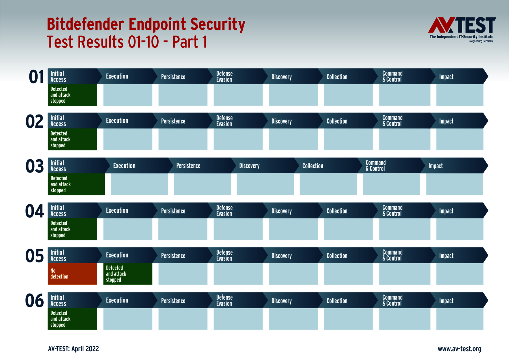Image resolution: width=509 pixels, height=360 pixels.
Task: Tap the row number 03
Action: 35,166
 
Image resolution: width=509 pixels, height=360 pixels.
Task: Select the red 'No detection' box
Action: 72,274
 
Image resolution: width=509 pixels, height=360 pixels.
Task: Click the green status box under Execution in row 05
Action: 128,274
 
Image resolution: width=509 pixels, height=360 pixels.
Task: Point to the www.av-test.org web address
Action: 459,349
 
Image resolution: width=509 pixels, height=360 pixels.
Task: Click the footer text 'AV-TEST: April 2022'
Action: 74,349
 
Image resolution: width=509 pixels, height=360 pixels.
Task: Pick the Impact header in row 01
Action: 446,77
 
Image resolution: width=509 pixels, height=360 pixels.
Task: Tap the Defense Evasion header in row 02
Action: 225,121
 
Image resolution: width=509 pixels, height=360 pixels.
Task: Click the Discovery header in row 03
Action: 249,166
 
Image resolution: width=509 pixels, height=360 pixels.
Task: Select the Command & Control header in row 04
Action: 392,210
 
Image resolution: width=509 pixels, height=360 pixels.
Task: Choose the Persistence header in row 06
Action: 173,301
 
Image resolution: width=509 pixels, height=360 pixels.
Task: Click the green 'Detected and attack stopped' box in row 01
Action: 72,95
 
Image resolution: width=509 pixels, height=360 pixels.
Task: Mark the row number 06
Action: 34,301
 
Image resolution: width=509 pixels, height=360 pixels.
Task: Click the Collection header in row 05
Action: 337,256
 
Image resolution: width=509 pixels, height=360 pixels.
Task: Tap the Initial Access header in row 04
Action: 58,211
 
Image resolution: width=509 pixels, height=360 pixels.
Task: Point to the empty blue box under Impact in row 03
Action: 454,184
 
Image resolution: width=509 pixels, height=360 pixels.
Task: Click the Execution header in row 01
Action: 117,76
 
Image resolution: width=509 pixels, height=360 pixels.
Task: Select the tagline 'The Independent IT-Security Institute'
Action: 461,37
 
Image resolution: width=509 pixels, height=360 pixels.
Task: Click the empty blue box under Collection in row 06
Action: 348,319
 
